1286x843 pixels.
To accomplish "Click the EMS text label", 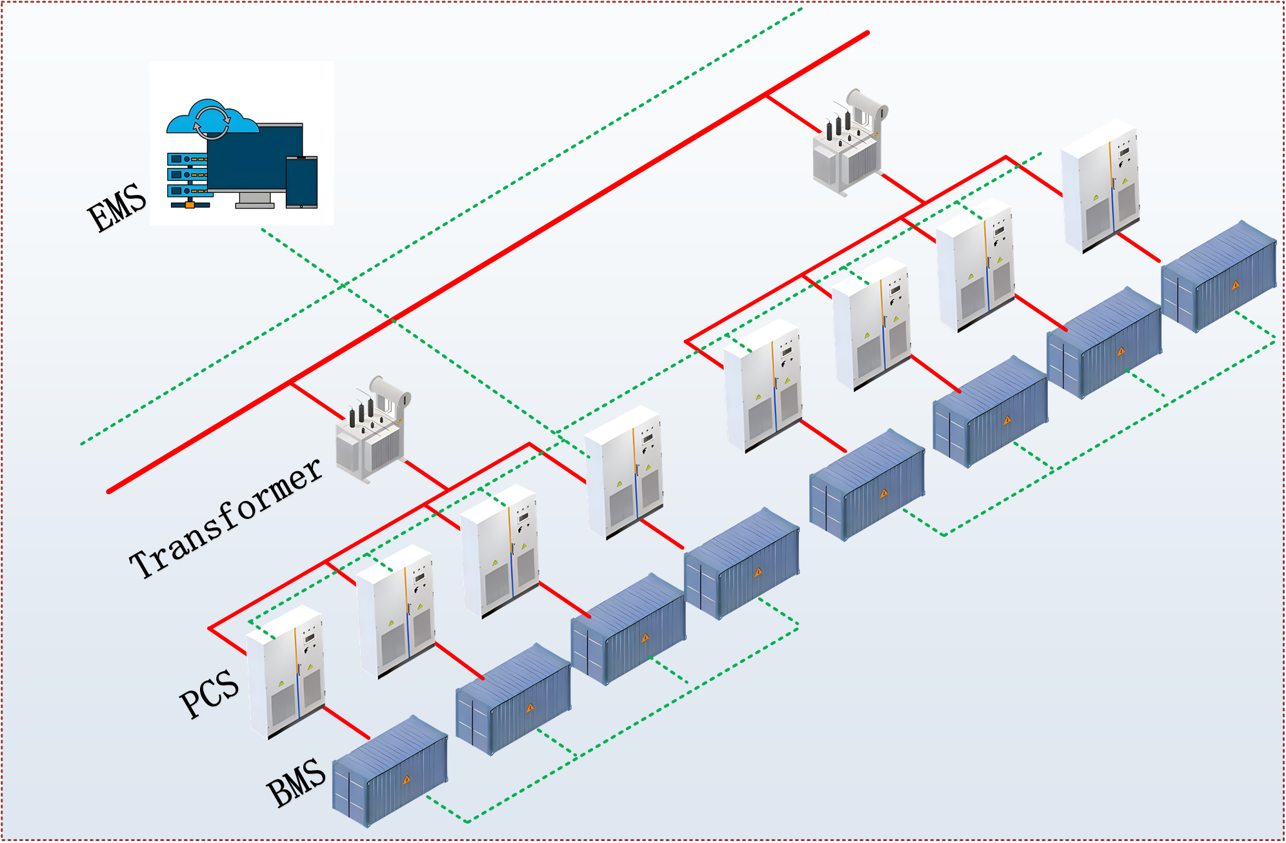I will tap(117, 207).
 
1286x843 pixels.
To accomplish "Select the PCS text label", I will tap(209, 693).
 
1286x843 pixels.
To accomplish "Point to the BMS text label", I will tap(296, 782).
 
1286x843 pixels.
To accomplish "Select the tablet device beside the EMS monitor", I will tap(301, 182).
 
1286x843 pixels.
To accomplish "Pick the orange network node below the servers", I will tap(190, 205).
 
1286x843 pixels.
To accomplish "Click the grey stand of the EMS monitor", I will tap(255, 200).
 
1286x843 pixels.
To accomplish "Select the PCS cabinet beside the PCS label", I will tap(286, 671).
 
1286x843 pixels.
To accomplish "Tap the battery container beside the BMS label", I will tap(390, 771).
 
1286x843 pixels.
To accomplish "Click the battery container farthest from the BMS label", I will tap(1218, 276).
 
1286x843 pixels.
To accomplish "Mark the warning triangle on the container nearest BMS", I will tap(407, 780).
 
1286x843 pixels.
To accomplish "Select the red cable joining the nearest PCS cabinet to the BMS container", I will tap(347, 722).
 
